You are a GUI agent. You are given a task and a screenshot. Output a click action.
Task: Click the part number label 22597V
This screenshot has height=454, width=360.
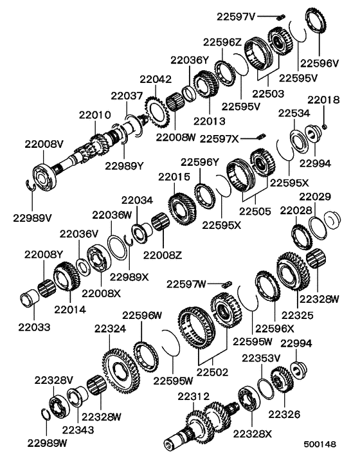point(239,15)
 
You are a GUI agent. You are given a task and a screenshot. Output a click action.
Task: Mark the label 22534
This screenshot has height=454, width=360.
point(292,113)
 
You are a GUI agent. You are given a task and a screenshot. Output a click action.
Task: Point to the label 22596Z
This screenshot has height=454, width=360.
point(222,42)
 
